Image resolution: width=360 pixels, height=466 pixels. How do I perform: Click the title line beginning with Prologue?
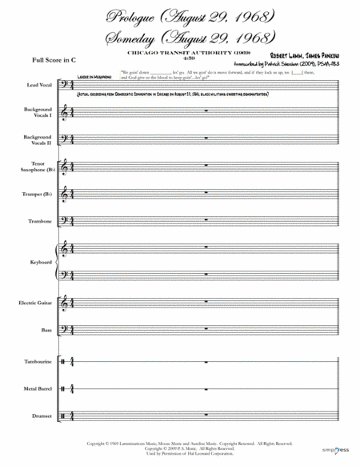[181, 15]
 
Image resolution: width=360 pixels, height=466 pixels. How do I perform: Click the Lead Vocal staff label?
[39, 83]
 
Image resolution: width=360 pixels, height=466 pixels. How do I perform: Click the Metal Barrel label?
[38, 388]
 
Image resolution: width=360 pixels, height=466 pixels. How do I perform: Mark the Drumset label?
[41, 415]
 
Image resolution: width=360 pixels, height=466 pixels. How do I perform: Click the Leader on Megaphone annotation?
[94, 75]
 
